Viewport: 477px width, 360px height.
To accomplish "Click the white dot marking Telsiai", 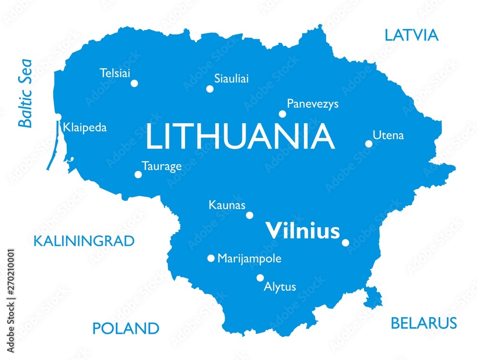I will (134, 83).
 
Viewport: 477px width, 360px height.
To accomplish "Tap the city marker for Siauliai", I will (209, 89).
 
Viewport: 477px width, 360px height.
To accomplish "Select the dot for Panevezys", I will (282, 114).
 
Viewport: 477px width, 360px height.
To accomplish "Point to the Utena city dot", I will (369, 143).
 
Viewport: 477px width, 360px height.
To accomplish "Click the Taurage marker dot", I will (138, 174).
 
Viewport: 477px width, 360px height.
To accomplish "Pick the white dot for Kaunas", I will (249, 215).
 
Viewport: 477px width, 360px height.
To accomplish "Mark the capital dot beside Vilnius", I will (345, 243).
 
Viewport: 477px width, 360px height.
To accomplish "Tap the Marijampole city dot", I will (211, 258).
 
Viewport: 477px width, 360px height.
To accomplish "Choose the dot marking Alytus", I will (260, 277).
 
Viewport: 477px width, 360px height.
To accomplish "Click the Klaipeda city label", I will (85, 128).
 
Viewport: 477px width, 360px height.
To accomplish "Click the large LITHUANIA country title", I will (240, 136).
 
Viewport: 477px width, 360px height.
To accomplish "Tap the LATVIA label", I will (411, 35).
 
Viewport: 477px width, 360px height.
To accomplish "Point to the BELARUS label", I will (424, 323).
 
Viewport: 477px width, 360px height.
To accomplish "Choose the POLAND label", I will (125, 328).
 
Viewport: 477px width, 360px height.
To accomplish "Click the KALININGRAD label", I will (84, 241).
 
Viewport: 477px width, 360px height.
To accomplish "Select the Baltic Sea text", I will (24, 93).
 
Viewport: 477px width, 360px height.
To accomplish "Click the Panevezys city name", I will (312, 104).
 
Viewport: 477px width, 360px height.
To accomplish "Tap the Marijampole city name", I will (249, 259).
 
